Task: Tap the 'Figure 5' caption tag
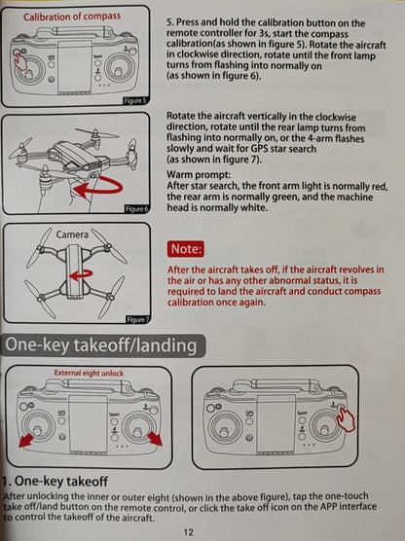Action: (x=136, y=99)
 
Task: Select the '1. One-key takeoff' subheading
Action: (x=67, y=482)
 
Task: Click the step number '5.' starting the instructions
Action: (x=172, y=21)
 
